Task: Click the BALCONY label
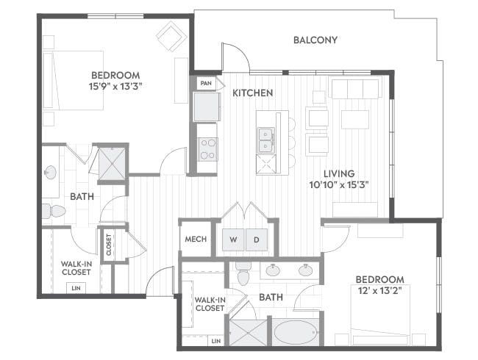point(315,40)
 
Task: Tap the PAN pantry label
point(206,83)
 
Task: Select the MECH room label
point(196,239)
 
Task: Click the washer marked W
point(233,240)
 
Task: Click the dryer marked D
point(257,240)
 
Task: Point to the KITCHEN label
point(253,93)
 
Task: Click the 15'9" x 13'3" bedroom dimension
point(116,87)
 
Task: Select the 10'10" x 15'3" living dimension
point(339,185)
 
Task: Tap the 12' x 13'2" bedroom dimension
point(379,291)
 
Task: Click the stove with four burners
point(207,149)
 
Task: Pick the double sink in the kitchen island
point(266,140)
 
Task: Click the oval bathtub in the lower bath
point(296,332)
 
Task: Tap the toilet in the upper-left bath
point(54,211)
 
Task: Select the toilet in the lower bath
point(243,273)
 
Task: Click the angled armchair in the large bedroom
point(171,36)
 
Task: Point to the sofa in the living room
point(355,89)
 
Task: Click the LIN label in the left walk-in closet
point(76,288)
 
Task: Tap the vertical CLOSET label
point(109,245)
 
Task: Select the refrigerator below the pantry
point(207,107)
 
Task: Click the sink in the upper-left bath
point(50,173)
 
